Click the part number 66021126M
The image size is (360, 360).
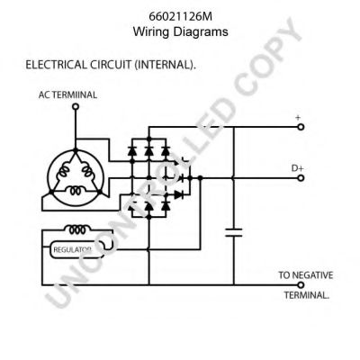181,15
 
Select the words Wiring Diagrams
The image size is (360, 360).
181,31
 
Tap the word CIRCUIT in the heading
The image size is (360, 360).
119,66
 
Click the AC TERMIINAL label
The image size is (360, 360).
68,94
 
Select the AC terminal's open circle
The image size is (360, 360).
76,106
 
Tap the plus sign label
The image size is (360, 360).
297,117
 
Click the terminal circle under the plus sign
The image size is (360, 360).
301,128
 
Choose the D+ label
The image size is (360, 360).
297,167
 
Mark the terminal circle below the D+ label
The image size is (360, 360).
301,178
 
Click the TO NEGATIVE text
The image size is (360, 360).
305,273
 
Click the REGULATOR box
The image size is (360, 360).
72,247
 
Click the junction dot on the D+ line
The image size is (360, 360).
200,178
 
